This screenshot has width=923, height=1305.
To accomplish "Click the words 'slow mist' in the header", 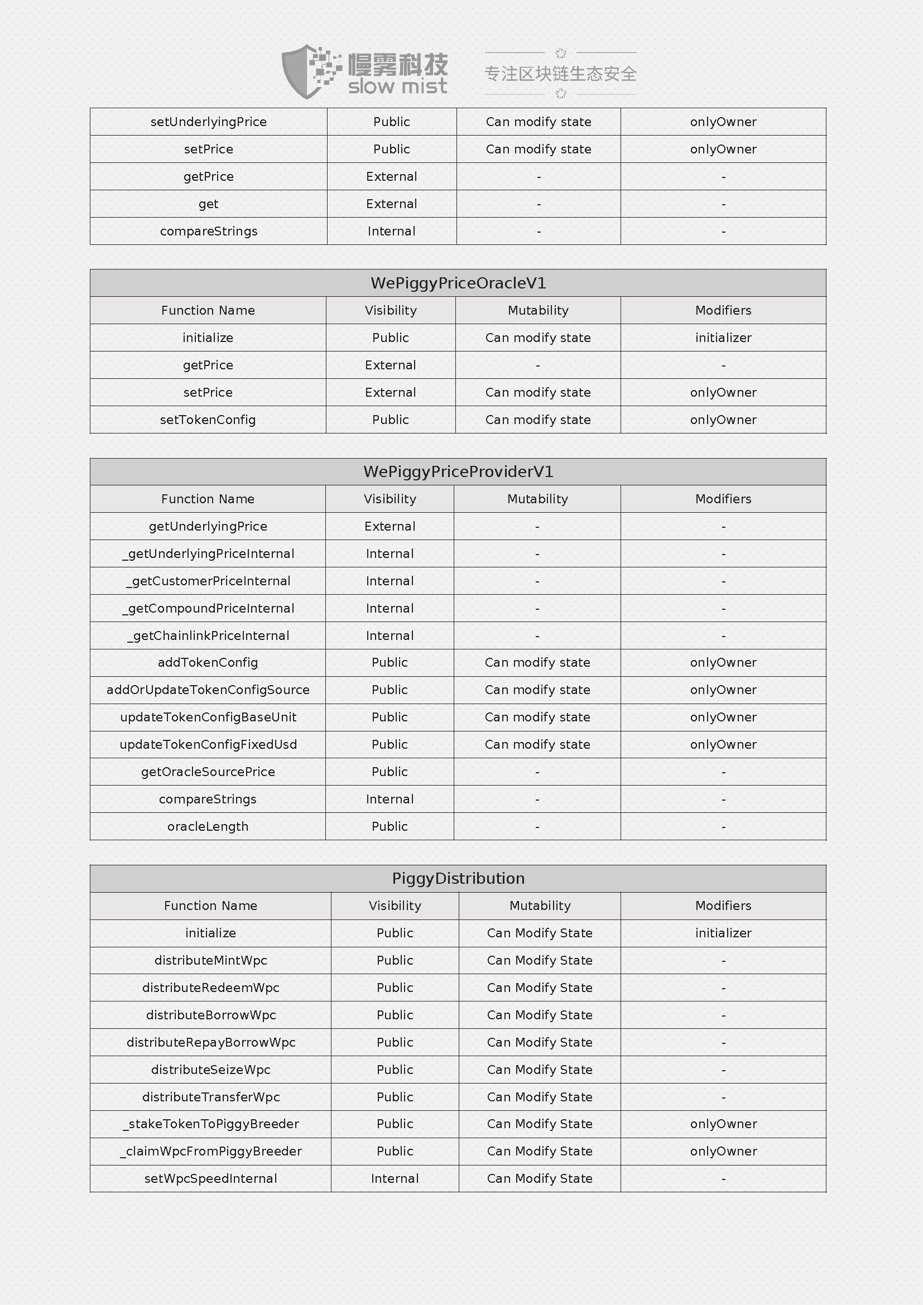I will pos(397,87).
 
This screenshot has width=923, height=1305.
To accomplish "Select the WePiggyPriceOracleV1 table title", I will pos(458,283).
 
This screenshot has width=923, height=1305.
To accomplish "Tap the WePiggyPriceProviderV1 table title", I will pos(458,472).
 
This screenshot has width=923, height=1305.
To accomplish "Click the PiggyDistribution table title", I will pos(458,879).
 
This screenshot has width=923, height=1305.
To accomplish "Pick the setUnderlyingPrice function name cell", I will pos(209,122).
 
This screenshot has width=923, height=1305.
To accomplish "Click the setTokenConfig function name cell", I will pos(208,420).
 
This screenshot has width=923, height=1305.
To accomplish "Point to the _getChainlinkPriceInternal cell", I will pos(208,636).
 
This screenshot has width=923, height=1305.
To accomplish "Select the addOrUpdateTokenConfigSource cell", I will pos(208,690).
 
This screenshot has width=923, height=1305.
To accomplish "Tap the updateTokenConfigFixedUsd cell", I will pos(208,745).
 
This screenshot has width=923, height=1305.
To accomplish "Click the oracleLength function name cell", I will pos(208,826).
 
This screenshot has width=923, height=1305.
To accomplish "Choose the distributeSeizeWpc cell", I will pos(210,1070).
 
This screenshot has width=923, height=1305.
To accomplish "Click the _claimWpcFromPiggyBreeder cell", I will pos(210,1152).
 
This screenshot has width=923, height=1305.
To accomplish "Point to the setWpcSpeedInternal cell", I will pos(210,1179).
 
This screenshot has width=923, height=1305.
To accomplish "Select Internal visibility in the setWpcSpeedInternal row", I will pos(395,1179).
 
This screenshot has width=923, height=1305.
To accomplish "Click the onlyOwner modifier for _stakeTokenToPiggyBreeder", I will pos(723,1124).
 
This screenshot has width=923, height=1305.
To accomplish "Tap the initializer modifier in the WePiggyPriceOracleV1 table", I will pos(723,338).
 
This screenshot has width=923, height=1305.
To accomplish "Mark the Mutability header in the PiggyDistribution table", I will pos(540,906).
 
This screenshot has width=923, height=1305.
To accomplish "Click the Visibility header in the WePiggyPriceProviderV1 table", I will pos(390,499).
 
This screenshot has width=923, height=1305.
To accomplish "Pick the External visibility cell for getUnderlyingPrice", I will pos(390,526).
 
